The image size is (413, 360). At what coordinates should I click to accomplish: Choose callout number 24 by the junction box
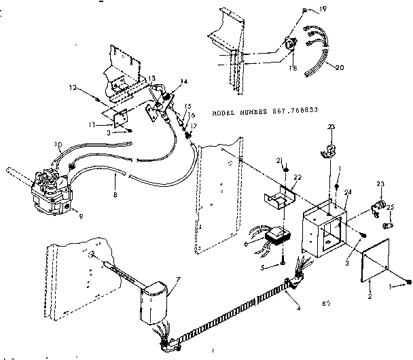tap(349, 192)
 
